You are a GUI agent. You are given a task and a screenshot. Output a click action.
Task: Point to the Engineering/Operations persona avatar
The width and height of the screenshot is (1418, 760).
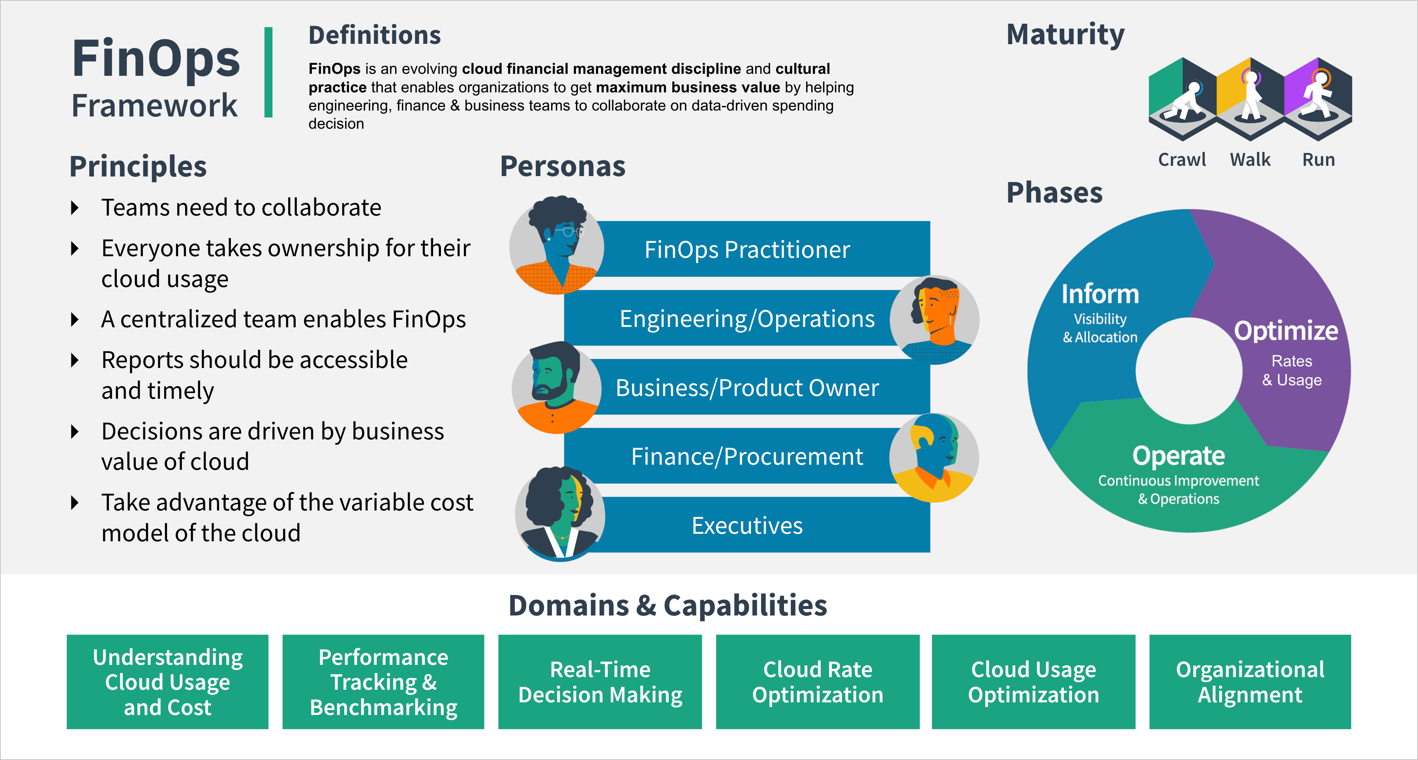click(x=935, y=319)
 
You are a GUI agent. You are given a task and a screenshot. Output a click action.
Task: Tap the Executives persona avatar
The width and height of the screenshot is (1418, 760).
click(x=560, y=514)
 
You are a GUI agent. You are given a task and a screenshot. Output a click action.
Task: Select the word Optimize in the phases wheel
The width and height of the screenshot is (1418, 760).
click(x=1286, y=331)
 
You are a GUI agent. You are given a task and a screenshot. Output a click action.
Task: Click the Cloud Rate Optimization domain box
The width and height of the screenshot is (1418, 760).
click(x=818, y=682)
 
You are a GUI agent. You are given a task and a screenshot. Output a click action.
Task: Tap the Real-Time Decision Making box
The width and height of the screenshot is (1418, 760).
click(x=600, y=682)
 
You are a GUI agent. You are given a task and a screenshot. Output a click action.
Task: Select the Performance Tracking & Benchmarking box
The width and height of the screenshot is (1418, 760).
click(x=383, y=682)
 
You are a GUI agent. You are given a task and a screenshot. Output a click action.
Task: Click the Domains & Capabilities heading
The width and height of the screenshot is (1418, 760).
click(x=667, y=605)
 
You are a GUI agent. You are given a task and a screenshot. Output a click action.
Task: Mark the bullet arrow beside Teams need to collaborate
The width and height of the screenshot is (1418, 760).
click(x=75, y=208)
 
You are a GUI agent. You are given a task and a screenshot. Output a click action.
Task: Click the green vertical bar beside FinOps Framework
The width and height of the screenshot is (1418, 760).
click(x=268, y=72)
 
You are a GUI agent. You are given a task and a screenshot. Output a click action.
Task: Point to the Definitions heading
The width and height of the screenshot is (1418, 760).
click(x=374, y=35)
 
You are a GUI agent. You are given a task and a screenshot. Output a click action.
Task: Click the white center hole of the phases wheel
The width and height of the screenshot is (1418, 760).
click(x=1189, y=371)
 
